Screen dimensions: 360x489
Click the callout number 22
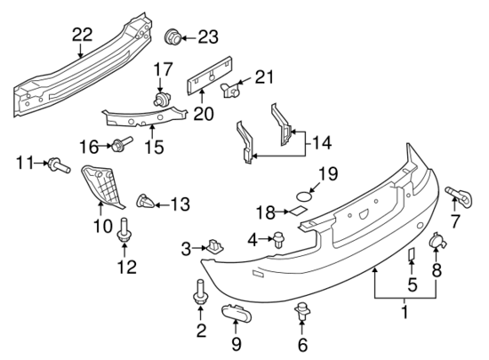pyautogui.click(x=82, y=35)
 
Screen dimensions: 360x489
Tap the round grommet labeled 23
pyautogui.click(x=174, y=37)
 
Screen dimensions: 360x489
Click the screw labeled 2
pyautogui.click(x=200, y=292)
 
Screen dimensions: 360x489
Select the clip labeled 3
pyautogui.click(x=214, y=246)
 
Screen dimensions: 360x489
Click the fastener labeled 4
pyautogui.click(x=277, y=238)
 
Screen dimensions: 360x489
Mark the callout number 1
pyautogui.click(x=405, y=312)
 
